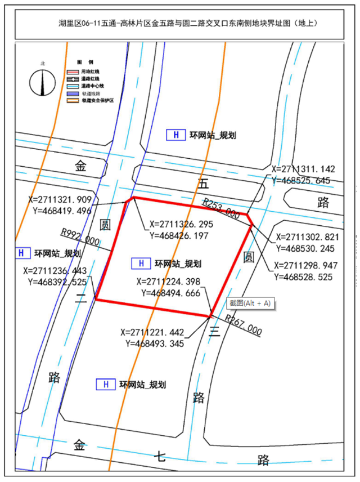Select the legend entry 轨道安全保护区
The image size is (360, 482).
(x=98, y=99)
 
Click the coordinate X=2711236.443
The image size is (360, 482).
(x=56, y=270)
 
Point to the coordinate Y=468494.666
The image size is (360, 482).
(x=169, y=292)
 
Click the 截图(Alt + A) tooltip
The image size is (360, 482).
(x=250, y=304)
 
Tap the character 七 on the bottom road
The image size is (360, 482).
(x=161, y=456)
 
